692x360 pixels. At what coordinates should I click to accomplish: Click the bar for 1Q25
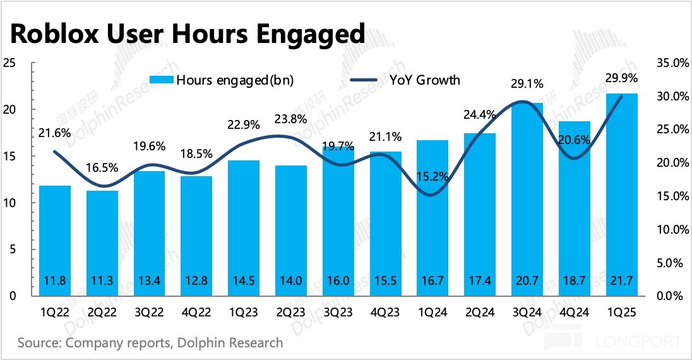[622, 196]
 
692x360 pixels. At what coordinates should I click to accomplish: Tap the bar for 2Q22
[102, 243]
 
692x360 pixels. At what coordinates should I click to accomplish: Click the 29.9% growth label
[622, 79]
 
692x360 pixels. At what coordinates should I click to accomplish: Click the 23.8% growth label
[291, 119]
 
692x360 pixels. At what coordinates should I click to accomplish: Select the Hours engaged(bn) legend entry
[221, 80]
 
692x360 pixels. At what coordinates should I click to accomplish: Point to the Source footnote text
[150, 343]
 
